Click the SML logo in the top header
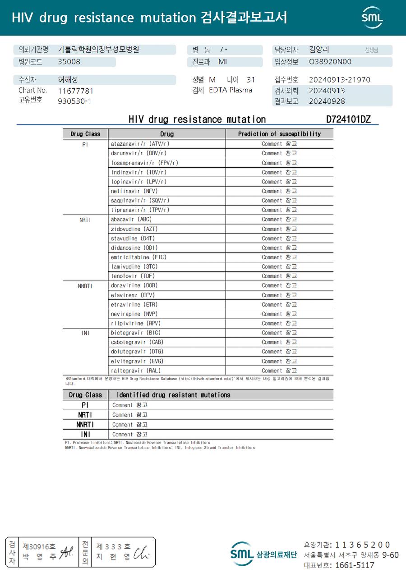[x=372, y=18]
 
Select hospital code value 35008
[x=69, y=62]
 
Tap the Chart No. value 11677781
[x=75, y=91]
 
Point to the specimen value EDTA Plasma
[x=231, y=90]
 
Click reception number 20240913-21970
[x=339, y=80]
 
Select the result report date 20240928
[x=327, y=101]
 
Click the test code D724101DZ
[x=348, y=119]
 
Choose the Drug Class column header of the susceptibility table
[x=85, y=134]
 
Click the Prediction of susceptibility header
[x=279, y=134]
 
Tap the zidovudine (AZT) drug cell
[x=134, y=229]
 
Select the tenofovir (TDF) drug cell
[x=133, y=276]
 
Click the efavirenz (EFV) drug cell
[x=133, y=295]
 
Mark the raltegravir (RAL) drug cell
[x=135, y=371]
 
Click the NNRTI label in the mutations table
[x=85, y=424]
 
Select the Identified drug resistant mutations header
[x=173, y=395]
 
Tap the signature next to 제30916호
[x=66, y=550]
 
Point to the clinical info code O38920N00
[x=330, y=62]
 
